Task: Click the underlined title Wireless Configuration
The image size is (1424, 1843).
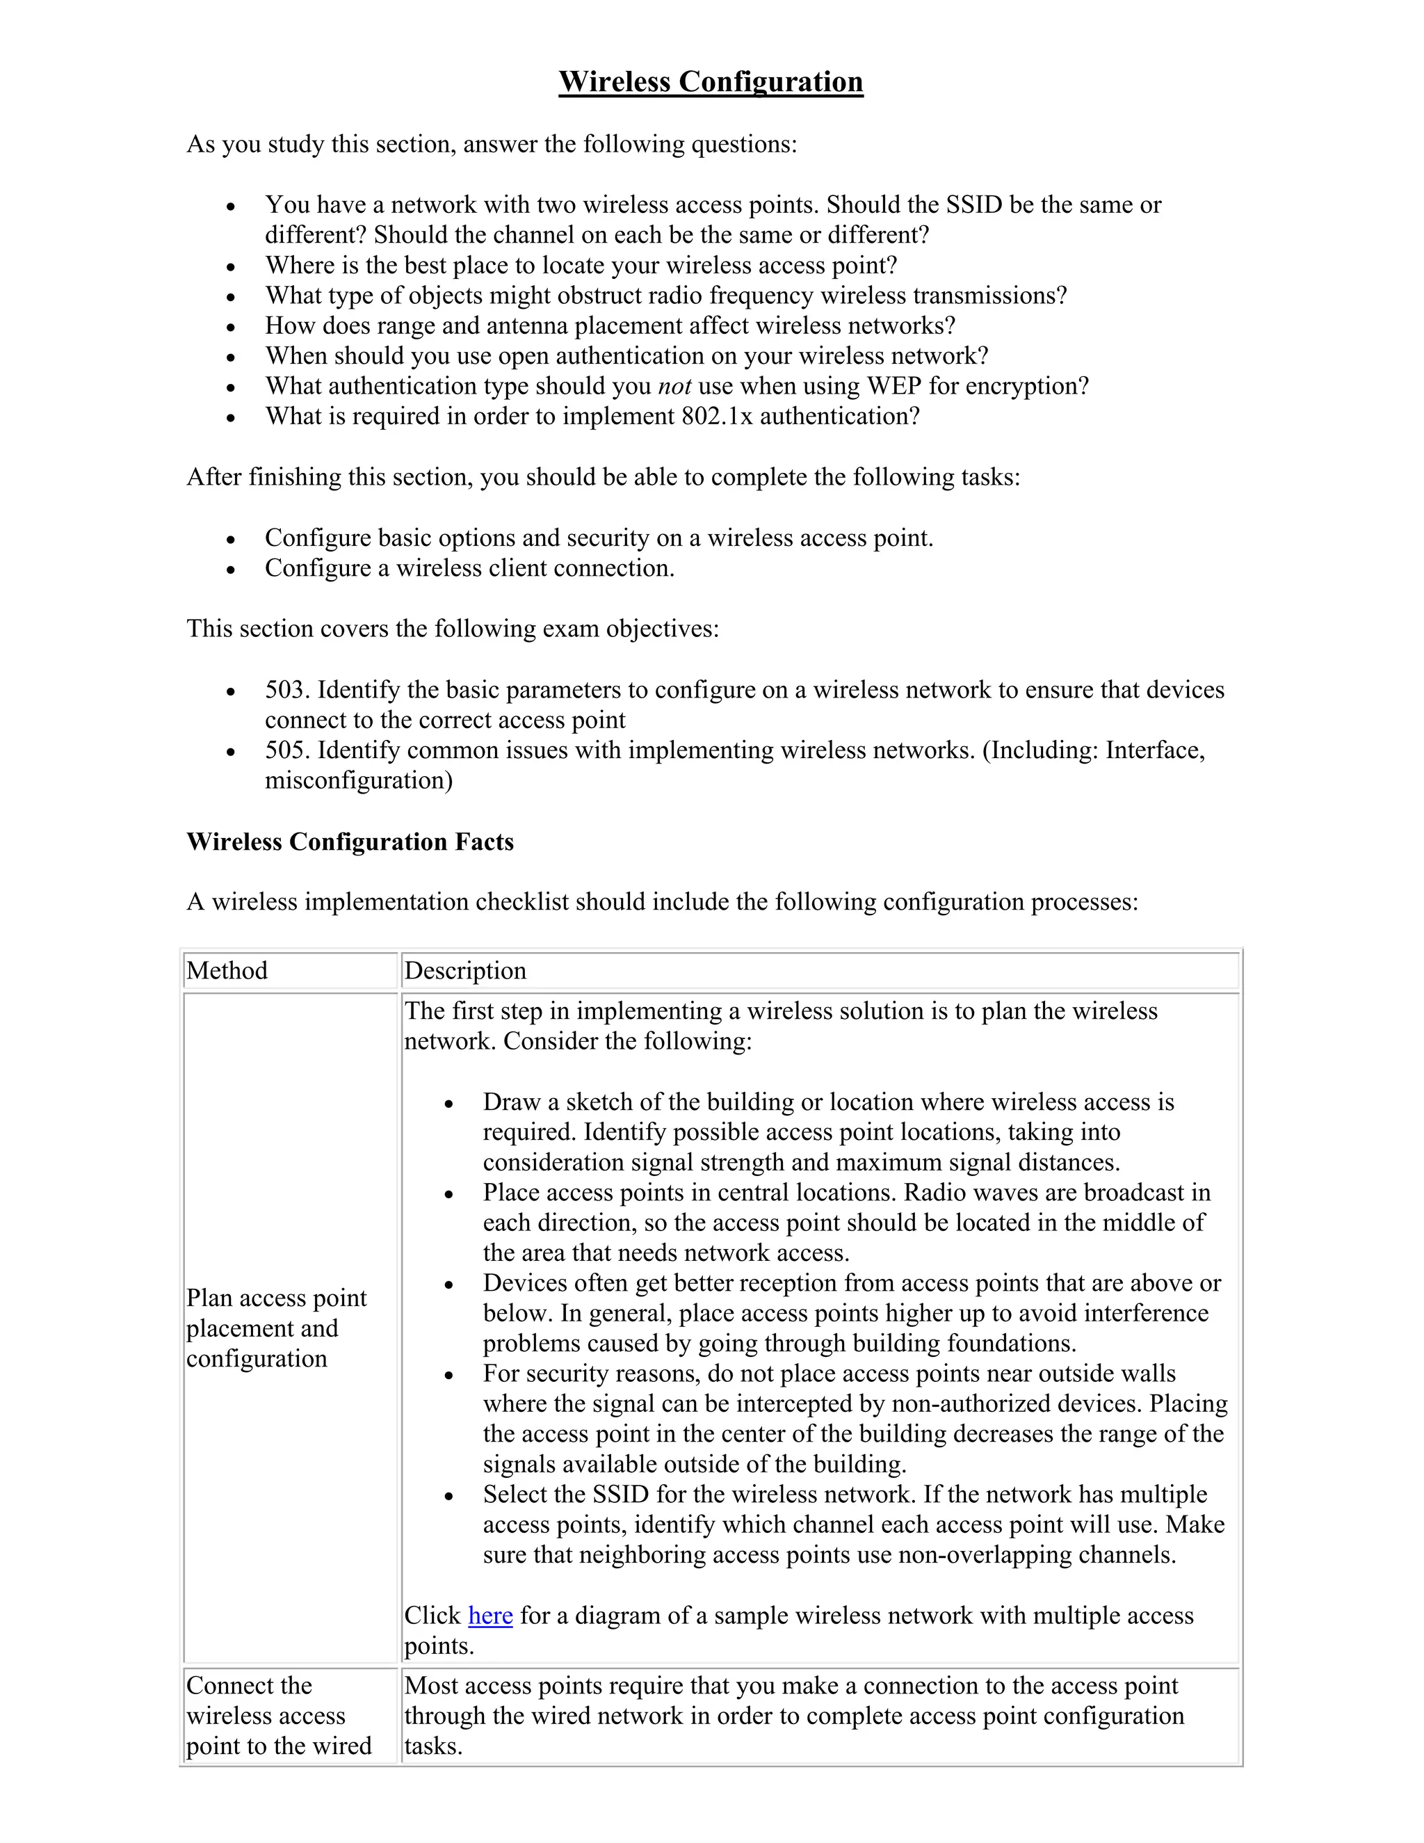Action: click(x=711, y=82)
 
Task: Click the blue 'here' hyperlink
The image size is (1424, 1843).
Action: click(x=490, y=1615)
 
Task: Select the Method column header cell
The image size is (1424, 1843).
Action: click(x=227, y=970)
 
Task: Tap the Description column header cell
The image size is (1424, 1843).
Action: click(x=465, y=970)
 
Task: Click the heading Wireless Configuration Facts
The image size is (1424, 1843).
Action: click(x=350, y=842)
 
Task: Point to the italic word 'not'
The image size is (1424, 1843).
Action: click(x=674, y=387)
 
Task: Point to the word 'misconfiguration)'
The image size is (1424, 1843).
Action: click(x=359, y=780)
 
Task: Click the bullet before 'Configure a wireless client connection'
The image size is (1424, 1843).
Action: click(x=230, y=570)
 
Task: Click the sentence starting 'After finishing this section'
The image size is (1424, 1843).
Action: click(x=602, y=478)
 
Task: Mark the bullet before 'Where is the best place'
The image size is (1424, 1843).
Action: click(x=230, y=266)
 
